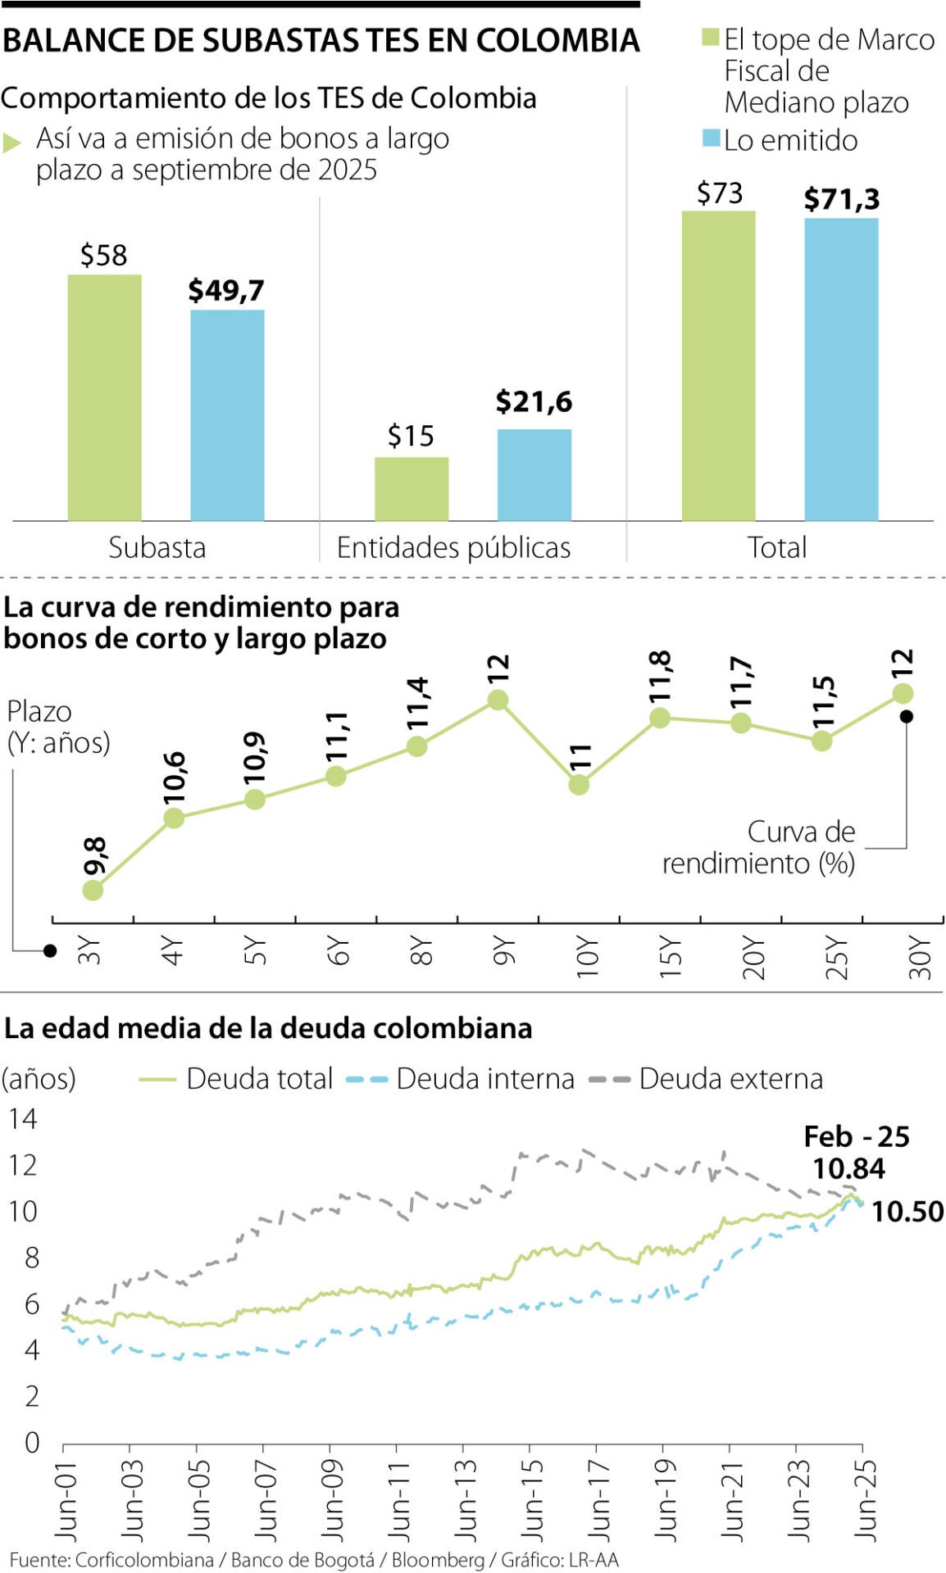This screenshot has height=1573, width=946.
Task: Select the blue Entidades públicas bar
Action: pos(534,474)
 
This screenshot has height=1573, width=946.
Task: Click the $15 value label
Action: pos(411,436)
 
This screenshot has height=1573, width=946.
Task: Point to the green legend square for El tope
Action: pos(710,39)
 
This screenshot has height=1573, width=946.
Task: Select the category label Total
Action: pos(777,547)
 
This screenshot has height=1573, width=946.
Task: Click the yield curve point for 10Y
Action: pos(579,784)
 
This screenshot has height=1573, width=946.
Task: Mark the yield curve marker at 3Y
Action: pos(93,890)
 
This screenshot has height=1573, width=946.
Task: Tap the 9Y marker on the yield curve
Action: pos(498,700)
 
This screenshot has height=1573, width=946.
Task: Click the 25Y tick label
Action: pos(836,956)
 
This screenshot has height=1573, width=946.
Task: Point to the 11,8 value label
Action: pos(661,675)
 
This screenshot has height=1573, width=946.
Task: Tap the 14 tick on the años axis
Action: pos(23,1119)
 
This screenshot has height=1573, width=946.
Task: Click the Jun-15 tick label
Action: pos(531,1498)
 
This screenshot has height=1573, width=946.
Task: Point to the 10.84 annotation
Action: pos(848,1168)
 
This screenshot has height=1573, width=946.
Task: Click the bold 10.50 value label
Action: pos(907,1211)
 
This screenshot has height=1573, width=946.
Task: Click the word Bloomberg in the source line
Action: pos(438,1559)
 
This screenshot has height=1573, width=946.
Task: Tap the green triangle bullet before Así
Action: pos(11,143)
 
